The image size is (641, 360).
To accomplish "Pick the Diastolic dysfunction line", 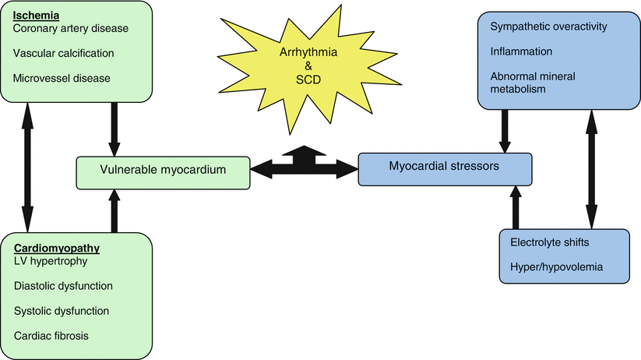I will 63,286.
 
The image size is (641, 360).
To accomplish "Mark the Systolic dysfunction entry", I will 61,311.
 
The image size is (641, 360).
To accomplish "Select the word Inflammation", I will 522,51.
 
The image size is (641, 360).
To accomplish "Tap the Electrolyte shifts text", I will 549,242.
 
